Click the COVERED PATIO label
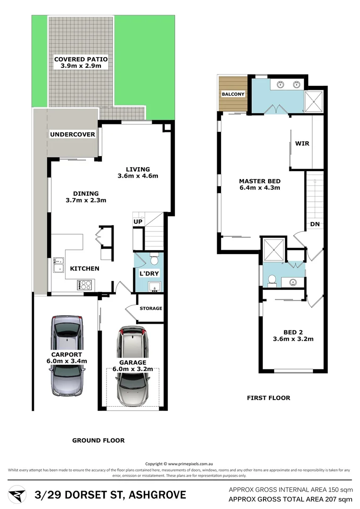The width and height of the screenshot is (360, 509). click(x=81, y=59)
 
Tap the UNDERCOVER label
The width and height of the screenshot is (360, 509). click(x=73, y=134)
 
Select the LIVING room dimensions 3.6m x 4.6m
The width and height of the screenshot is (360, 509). click(x=138, y=176)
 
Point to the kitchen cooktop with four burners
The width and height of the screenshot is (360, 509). click(x=86, y=285)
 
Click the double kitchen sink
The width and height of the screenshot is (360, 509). click(x=59, y=265)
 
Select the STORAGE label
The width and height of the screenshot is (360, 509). click(x=151, y=308)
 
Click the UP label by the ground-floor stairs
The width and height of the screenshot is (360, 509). click(x=138, y=222)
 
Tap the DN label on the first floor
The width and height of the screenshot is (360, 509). click(x=315, y=224)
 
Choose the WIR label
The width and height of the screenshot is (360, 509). click(x=302, y=143)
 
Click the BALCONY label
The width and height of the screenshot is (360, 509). click(x=233, y=94)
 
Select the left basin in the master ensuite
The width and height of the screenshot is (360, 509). click(x=280, y=85)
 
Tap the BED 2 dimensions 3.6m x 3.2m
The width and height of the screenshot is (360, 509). click(x=293, y=338)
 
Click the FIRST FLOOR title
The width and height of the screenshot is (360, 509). click(x=269, y=398)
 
